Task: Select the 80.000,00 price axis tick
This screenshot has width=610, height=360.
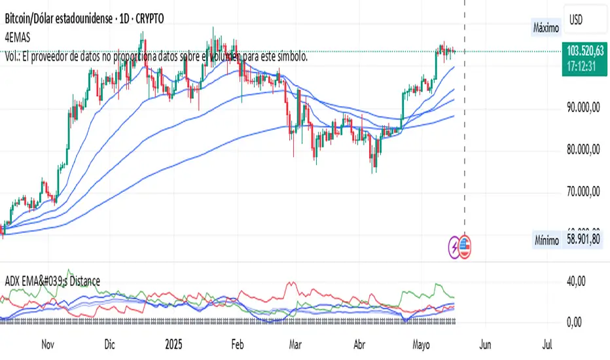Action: (585, 150)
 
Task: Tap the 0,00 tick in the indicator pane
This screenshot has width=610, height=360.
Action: (575, 322)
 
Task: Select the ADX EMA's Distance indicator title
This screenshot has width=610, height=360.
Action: (52, 281)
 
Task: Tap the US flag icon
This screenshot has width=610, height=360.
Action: (465, 245)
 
